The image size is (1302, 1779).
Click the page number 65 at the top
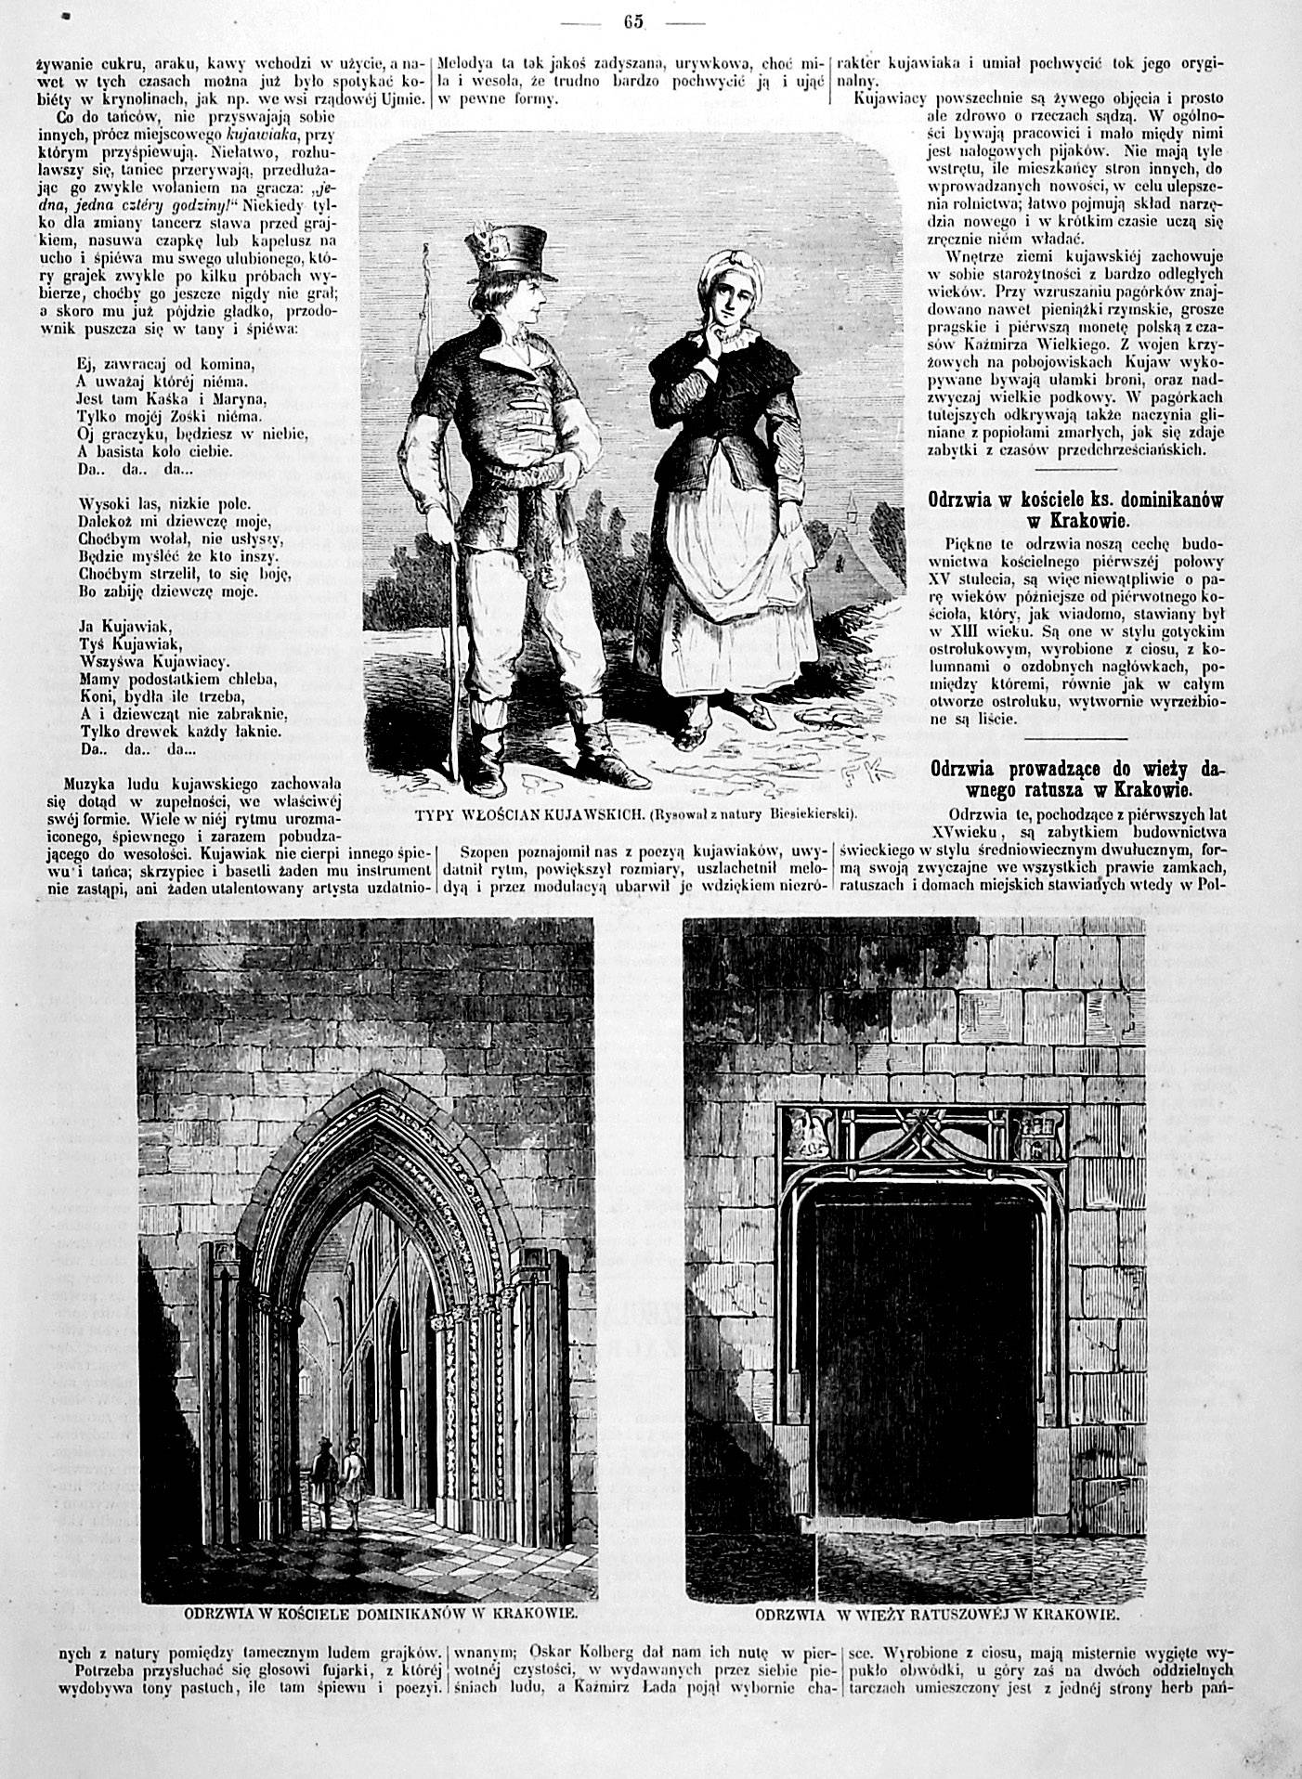coord(633,22)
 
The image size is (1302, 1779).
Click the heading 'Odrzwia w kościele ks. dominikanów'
coord(1076,509)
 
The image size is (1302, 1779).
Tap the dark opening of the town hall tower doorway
coord(924,1346)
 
